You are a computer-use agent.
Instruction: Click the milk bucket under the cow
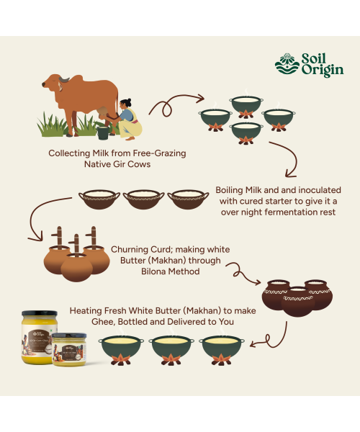(x=104, y=133)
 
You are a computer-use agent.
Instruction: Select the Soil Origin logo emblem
(x=287, y=65)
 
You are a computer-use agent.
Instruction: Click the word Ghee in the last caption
(x=104, y=323)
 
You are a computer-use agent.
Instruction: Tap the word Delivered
(x=179, y=323)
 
